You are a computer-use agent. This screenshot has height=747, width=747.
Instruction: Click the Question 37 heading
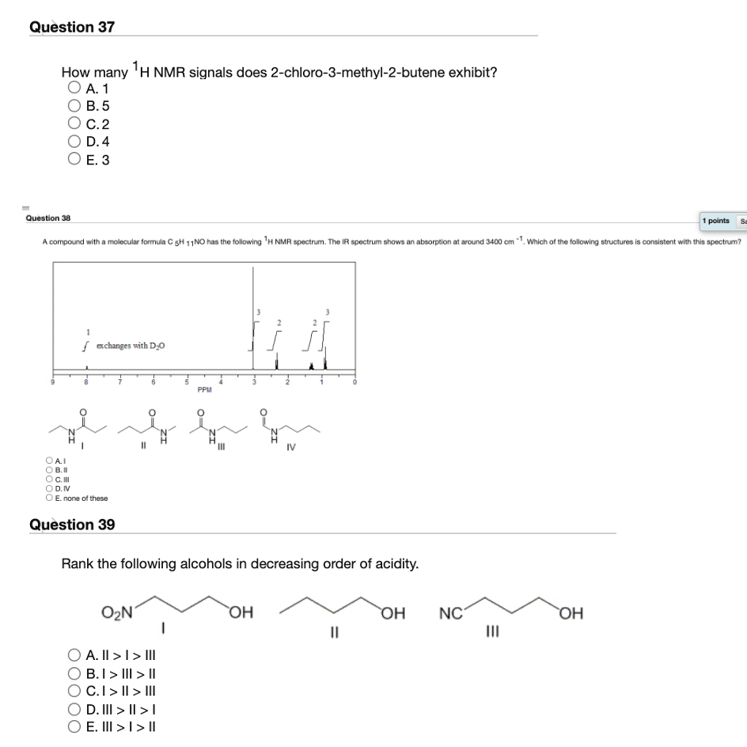[x=72, y=27]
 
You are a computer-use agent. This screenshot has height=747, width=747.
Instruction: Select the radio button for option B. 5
[x=74, y=105]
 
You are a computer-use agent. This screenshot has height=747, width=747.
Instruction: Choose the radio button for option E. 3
[x=74, y=160]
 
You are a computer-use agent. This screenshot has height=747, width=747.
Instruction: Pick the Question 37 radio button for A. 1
[x=74, y=87]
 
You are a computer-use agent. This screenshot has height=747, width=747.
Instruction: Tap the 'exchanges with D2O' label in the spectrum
[x=129, y=346]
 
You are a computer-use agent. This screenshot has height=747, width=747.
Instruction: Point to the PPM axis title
[x=204, y=389]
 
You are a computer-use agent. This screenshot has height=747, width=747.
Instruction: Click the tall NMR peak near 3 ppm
[x=253, y=317]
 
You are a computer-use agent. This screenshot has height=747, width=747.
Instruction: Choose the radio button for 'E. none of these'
[x=50, y=498]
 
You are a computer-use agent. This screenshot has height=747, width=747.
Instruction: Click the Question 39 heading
[x=72, y=525]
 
